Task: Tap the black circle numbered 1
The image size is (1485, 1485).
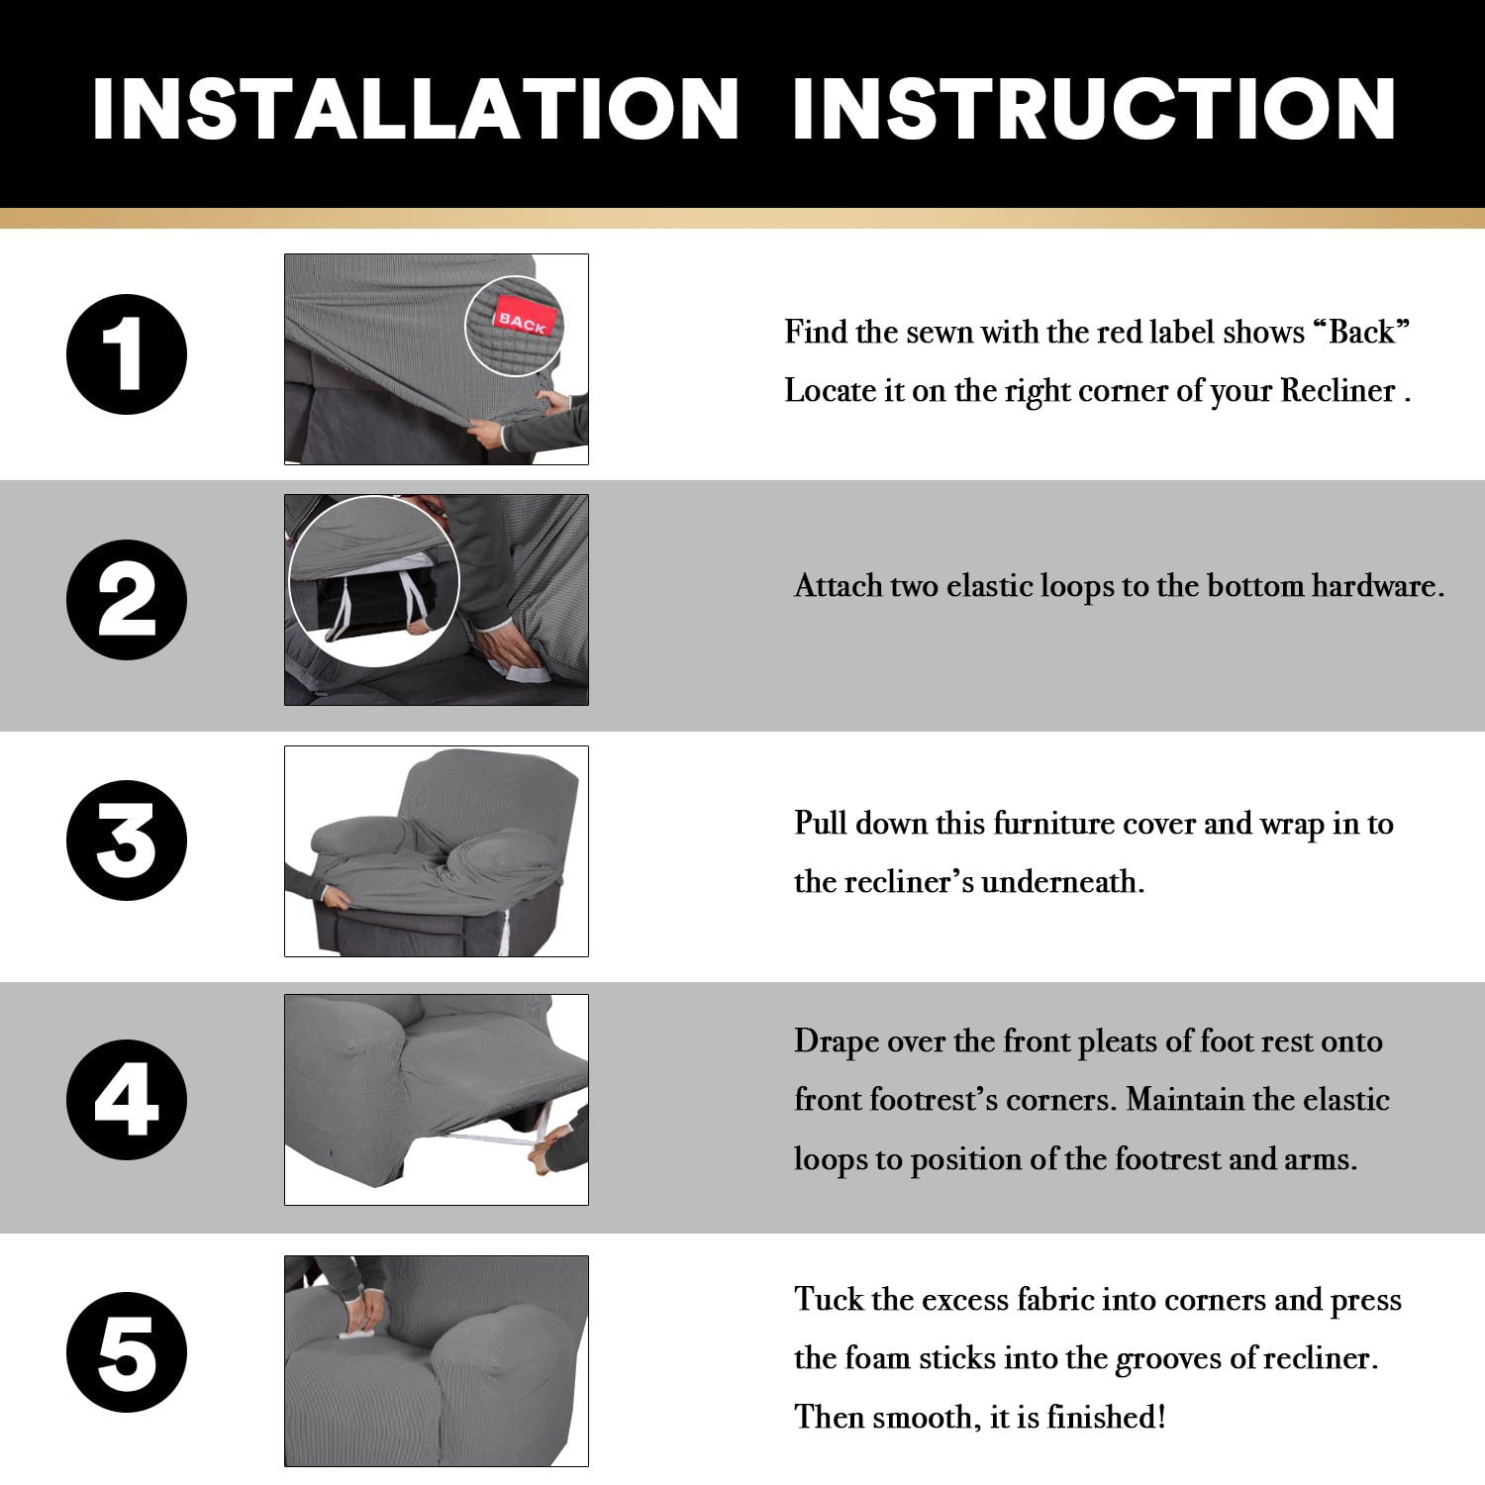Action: pos(127,354)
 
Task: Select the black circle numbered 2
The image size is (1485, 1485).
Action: pos(127,600)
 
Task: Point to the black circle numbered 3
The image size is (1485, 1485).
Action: pos(127,841)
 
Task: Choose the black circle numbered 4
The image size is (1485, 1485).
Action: pos(127,1099)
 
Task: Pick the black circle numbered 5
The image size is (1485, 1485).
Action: pos(127,1352)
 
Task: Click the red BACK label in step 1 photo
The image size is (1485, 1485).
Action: pos(523,320)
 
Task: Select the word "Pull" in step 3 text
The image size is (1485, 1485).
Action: pos(821,823)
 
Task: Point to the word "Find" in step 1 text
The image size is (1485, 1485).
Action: pos(816,332)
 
